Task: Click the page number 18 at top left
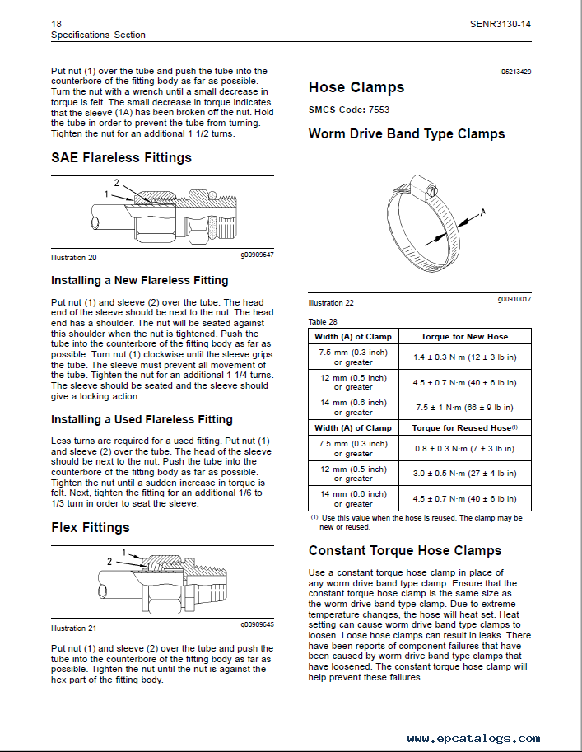(56, 24)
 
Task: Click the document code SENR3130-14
(494, 24)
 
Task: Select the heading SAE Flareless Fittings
(121, 157)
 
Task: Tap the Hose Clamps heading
(356, 87)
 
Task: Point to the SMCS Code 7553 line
(348, 109)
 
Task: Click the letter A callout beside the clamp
(483, 212)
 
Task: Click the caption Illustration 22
(331, 303)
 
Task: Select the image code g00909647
(257, 255)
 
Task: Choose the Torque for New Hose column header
(464, 336)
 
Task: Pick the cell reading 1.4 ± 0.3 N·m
(464, 357)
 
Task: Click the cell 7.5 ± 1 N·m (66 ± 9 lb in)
(464, 407)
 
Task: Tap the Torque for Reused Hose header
(464, 427)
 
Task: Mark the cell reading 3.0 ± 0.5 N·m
(464, 474)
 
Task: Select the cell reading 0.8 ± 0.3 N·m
(464, 448)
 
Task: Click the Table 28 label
(323, 321)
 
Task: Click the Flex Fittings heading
(90, 527)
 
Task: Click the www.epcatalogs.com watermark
(473, 738)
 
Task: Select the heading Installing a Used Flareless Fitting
(142, 419)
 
